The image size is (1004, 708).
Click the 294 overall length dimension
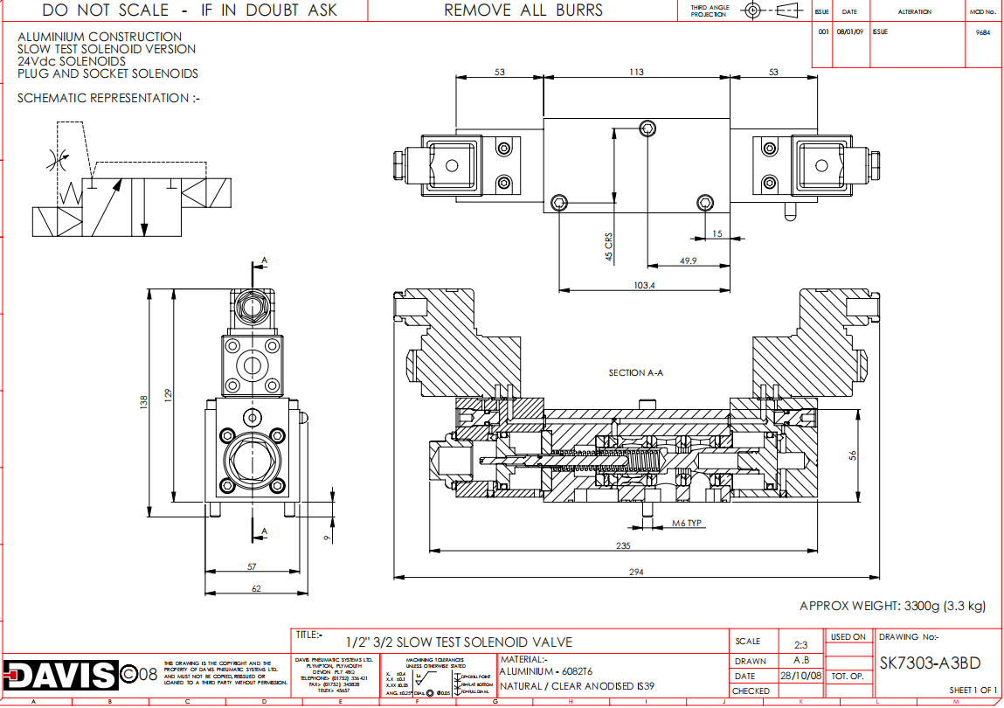[635, 572]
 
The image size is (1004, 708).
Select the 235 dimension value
[623, 545]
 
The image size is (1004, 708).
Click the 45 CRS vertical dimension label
[608, 246]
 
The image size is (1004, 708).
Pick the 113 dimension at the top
[637, 73]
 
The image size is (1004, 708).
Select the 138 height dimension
[144, 400]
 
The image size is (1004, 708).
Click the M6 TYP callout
[687, 524]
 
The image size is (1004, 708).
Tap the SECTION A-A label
[636, 372]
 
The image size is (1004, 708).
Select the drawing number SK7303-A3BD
[929, 663]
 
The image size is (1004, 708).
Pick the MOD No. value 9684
[983, 31]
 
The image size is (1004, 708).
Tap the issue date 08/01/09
[848, 31]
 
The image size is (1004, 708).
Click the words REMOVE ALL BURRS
[523, 10]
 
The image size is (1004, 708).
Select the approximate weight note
[892, 606]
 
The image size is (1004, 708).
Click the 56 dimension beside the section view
[853, 455]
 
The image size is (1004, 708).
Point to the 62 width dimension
[256, 588]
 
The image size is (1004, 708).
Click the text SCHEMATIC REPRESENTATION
[108, 98]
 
